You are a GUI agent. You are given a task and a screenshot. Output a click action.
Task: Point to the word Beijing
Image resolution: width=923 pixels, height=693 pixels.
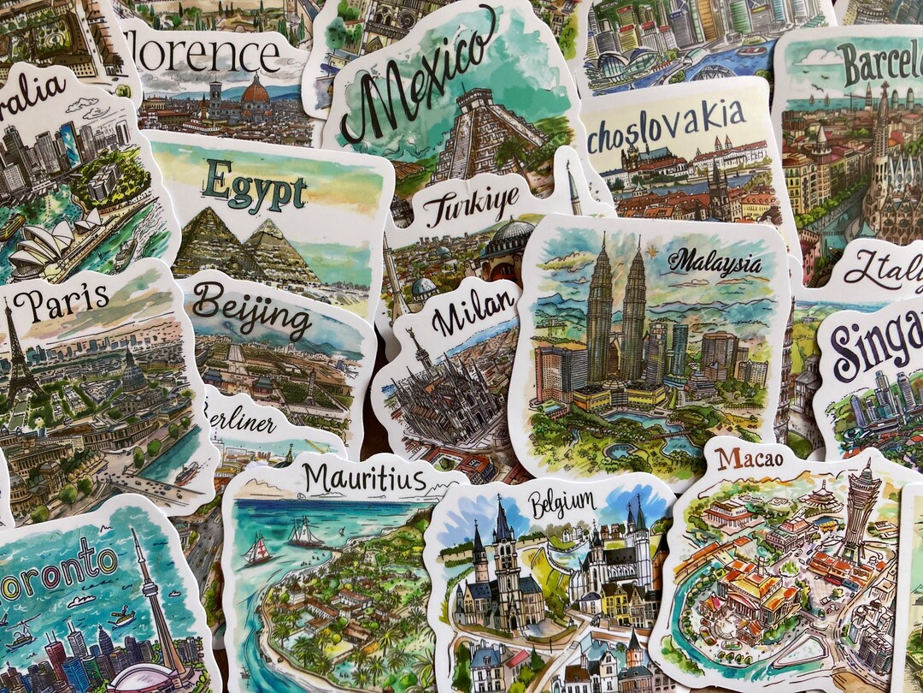coord(251,310)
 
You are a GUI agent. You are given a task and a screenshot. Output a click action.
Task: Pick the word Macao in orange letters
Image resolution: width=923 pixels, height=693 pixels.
coord(750,459)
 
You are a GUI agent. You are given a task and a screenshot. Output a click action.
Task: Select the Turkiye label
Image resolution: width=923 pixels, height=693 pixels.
coord(472,207)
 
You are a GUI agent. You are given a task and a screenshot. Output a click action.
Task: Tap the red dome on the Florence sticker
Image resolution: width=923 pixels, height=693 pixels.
coord(255,90)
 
